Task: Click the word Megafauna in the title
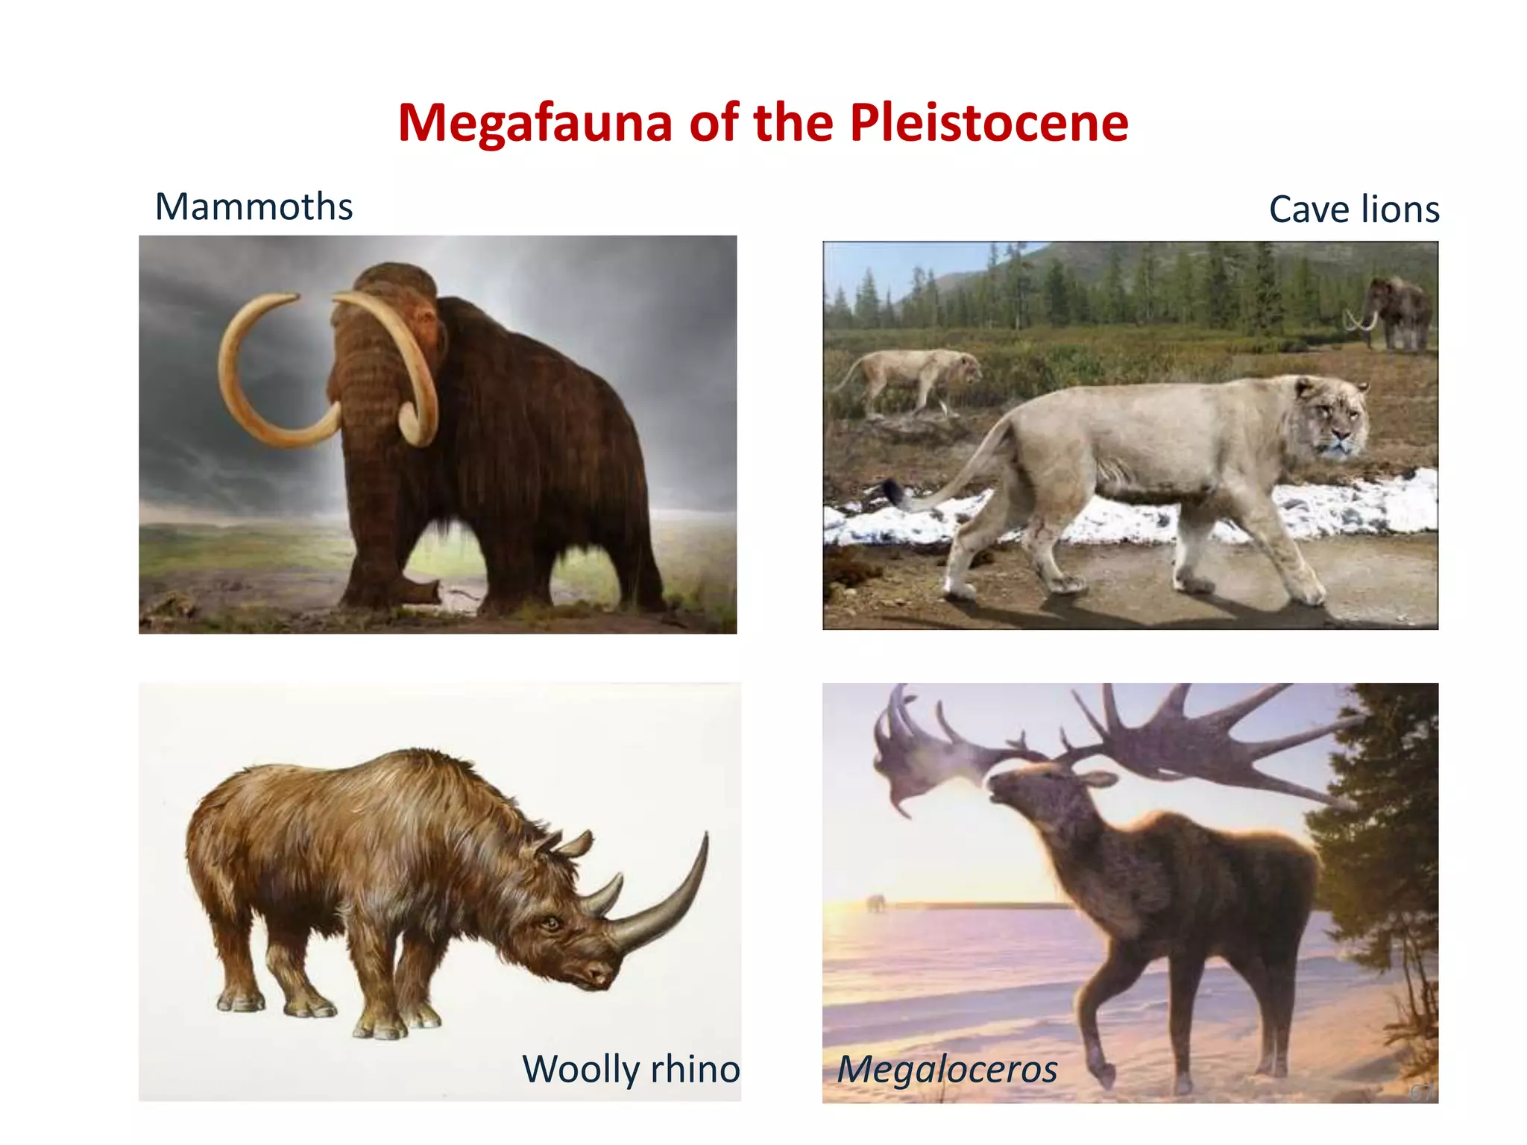click(535, 123)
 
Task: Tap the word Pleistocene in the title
click(989, 123)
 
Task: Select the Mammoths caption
click(254, 206)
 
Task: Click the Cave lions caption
click(1353, 209)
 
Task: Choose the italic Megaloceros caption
click(947, 1069)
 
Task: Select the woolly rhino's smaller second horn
click(603, 898)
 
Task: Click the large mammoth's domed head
click(395, 283)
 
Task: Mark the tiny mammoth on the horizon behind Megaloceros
click(875, 904)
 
